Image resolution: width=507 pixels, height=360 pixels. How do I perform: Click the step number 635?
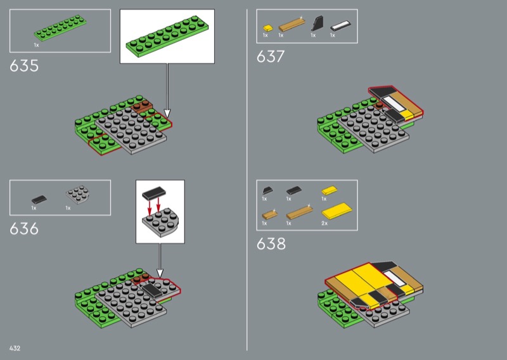pos(24,66)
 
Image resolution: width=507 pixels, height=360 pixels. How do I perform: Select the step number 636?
pos(24,229)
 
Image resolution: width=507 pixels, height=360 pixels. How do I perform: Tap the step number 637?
pos(271,56)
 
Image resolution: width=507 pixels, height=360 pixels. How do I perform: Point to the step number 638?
pos(271,243)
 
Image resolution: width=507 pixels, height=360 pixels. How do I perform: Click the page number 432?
pos(15,348)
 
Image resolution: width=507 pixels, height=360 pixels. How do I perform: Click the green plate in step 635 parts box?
pos(60,28)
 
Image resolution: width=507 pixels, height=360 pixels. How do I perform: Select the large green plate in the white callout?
pos(167,36)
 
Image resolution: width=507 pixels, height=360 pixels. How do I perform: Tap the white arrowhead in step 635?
pos(167,113)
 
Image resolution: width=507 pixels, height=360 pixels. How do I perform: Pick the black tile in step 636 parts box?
pos(39,199)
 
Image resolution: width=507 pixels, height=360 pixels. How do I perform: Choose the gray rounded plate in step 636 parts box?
pos(77,195)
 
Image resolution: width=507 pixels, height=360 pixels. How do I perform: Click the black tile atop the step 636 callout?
pos(154,193)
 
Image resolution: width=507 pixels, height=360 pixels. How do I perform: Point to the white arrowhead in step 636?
pos(160,273)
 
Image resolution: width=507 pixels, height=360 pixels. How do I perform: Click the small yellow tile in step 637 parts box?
pos(267,28)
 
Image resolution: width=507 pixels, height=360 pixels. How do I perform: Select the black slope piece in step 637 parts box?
pos(318,23)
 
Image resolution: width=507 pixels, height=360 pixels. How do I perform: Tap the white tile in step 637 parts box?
pos(340,26)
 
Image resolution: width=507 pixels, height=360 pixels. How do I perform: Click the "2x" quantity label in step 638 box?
pos(324,223)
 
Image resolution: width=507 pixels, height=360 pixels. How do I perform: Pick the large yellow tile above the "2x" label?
pos(337,211)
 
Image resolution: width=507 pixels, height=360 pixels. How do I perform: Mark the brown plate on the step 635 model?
pos(142,106)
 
